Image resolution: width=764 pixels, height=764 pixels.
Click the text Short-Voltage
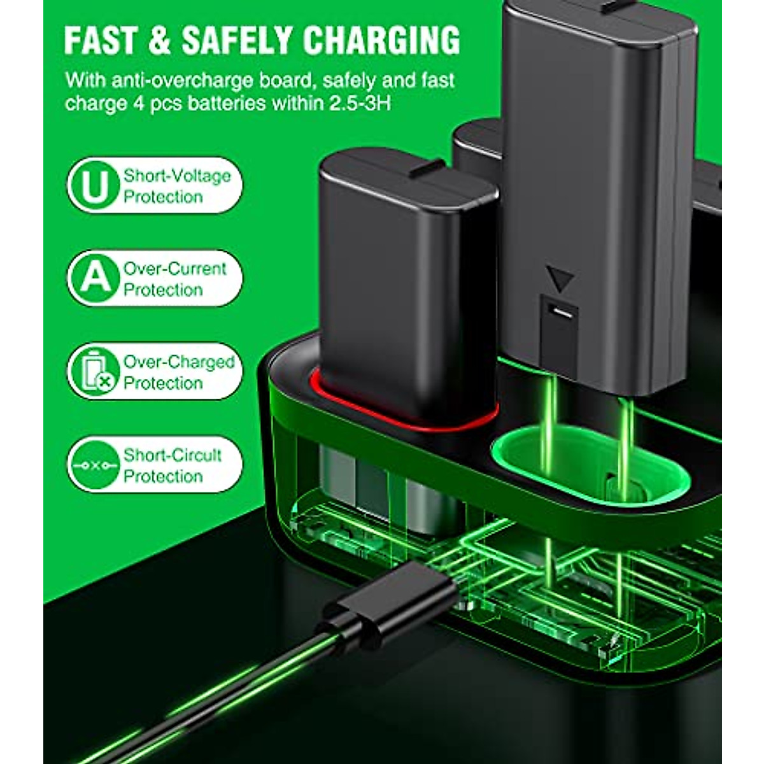177,176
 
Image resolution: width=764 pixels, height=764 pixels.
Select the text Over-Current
175,269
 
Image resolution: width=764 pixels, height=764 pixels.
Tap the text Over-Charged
179,362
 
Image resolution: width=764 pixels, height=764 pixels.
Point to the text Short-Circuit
173,455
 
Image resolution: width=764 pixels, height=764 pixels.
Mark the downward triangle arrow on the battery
560,279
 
